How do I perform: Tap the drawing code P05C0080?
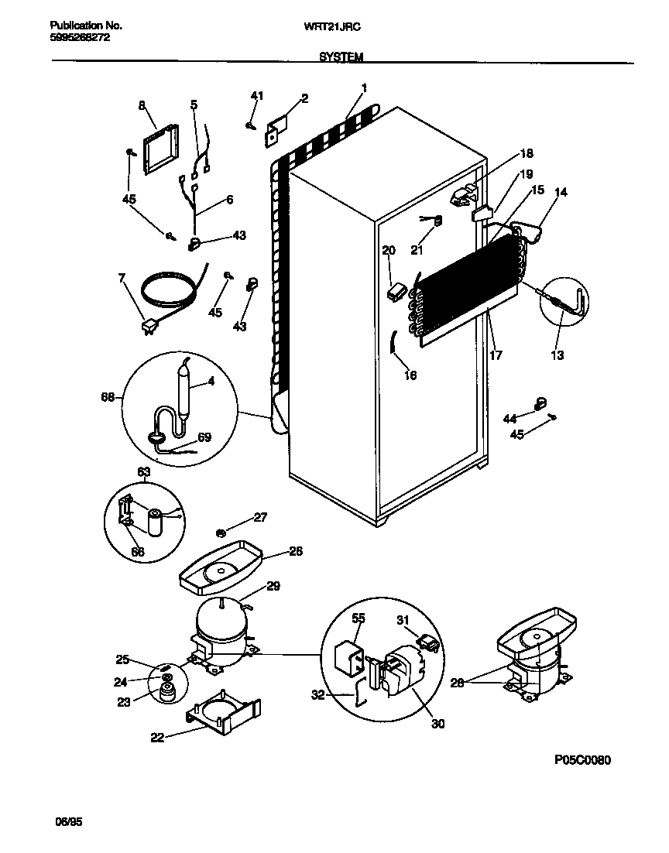(582, 760)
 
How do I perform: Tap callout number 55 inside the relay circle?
(358, 619)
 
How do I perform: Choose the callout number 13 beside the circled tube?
(557, 355)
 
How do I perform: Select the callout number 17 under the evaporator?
(496, 355)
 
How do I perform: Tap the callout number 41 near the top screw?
(257, 95)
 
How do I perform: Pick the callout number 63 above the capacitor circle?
(144, 471)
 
